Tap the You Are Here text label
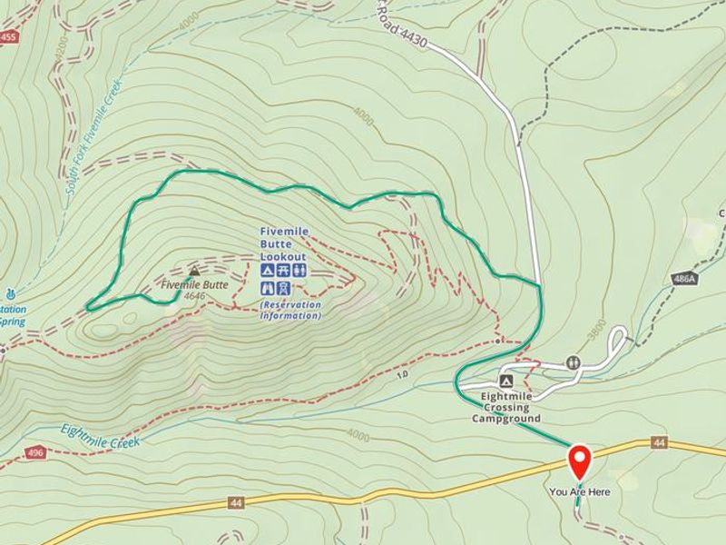coord(579,492)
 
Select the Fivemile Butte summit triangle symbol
coord(193,271)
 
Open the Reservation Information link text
coord(290,310)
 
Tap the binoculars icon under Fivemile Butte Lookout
coord(268,288)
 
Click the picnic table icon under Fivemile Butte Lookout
coord(283,272)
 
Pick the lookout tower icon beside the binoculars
coord(283,288)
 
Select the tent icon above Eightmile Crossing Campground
coord(506,381)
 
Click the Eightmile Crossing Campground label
coord(505,407)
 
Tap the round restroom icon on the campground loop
coord(572,362)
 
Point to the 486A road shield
coord(685,279)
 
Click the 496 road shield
coord(35,451)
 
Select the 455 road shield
coord(9,36)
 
